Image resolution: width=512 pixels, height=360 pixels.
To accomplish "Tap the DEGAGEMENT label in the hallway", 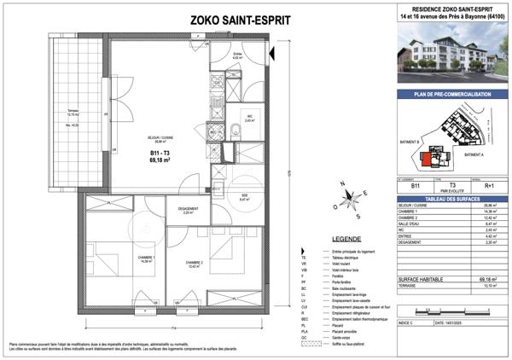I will click(188, 209).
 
